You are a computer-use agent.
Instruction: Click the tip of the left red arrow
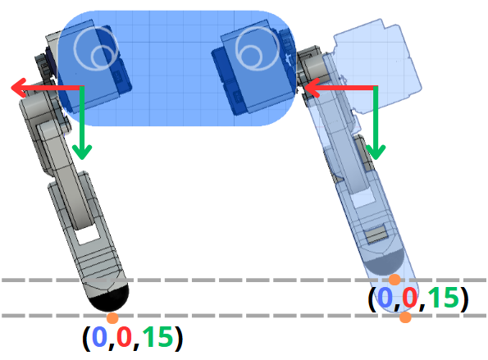click(11, 88)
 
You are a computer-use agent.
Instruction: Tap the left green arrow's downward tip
click(82, 159)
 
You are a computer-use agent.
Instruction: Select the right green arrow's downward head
click(376, 159)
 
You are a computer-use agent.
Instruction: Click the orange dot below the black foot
click(112, 318)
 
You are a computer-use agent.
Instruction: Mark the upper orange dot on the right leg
click(395, 280)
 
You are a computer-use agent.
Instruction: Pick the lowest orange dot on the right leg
click(405, 317)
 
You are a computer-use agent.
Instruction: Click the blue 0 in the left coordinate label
click(99, 336)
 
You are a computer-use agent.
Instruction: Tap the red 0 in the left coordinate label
click(124, 336)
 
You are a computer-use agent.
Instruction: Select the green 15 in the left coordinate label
click(157, 336)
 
